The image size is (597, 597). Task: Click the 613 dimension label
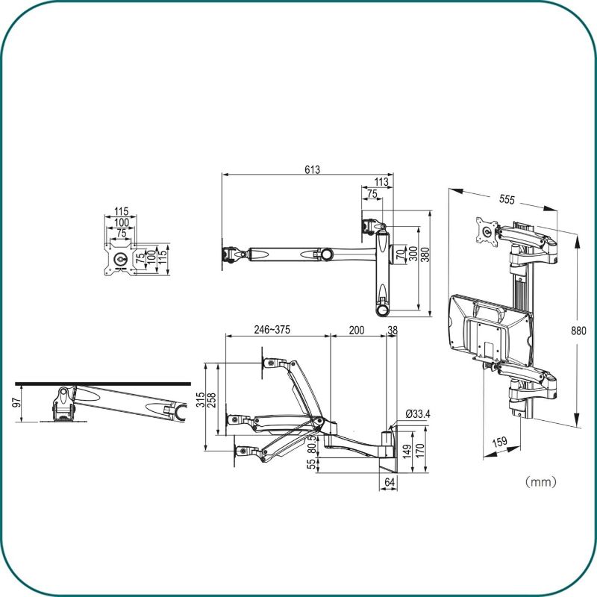[312, 169]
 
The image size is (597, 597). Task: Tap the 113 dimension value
[381, 182]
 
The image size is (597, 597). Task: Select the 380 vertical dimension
[425, 254]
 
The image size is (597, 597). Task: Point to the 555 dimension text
[507, 199]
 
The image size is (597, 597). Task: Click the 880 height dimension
[579, 331]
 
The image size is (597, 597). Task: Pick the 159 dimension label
[500, 442]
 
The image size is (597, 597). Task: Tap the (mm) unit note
[540, 482]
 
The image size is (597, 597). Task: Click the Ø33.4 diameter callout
[418, 414]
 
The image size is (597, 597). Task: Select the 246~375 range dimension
[272, 330]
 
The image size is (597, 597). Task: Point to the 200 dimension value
[357, 330]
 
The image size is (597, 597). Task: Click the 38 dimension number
[393, 330]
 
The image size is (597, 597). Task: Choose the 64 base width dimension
[390, 482]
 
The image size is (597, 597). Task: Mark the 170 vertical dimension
[420, 451]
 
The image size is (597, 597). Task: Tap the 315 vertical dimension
[201, 400]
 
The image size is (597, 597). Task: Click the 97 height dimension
[16, 402]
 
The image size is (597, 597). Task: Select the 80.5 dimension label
[312, 444]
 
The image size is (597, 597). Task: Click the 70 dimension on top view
[401, 254]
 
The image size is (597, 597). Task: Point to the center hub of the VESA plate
[121, 259]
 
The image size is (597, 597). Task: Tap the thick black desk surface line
[103, 384]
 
